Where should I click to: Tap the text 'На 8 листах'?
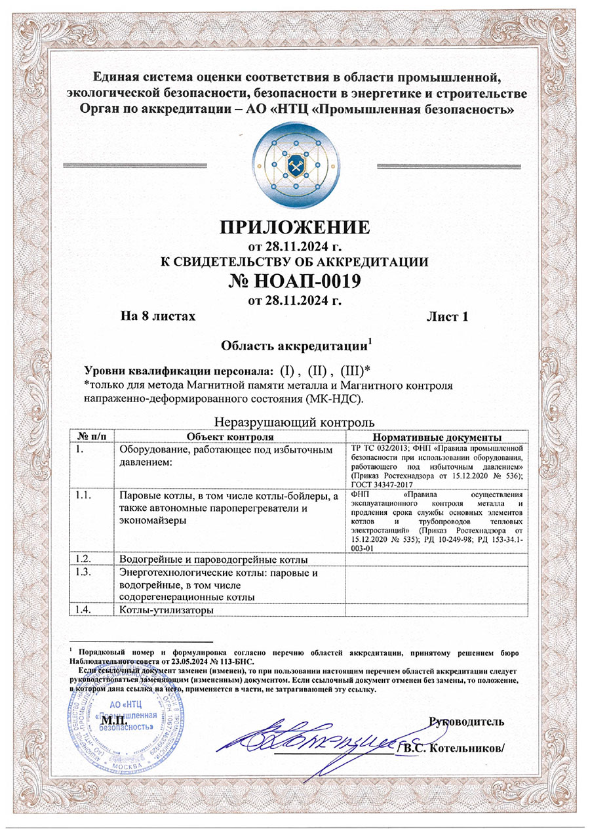(158, 317)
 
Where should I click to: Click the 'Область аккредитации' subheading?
(296, 345)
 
